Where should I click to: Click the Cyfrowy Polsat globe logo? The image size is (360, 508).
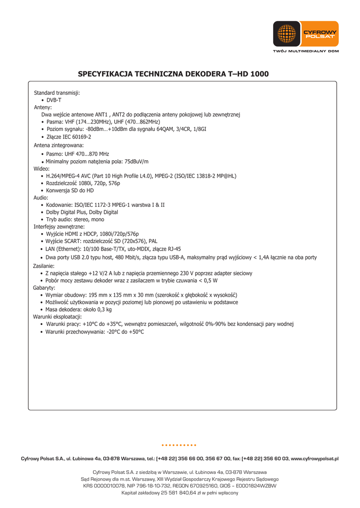287,34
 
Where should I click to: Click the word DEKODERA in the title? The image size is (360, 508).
205,74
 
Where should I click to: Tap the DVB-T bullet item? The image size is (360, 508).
54,100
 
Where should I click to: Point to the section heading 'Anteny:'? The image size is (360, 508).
43,107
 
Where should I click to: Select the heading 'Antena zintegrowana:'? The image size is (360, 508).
59,145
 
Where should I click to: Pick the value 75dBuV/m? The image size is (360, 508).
137,162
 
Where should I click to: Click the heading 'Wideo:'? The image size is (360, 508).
42,169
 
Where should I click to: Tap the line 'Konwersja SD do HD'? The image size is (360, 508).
70,190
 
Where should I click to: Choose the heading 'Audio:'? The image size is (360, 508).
41,197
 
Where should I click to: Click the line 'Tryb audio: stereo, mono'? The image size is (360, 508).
75,219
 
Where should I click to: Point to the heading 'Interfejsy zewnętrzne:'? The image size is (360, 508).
59,227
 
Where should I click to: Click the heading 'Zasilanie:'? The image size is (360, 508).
44,266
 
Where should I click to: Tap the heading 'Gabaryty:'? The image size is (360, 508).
44,288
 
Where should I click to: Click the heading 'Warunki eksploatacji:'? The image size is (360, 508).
58,317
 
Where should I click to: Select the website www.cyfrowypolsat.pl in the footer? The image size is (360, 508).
314,459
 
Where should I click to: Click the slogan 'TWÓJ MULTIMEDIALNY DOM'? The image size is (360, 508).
306,51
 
